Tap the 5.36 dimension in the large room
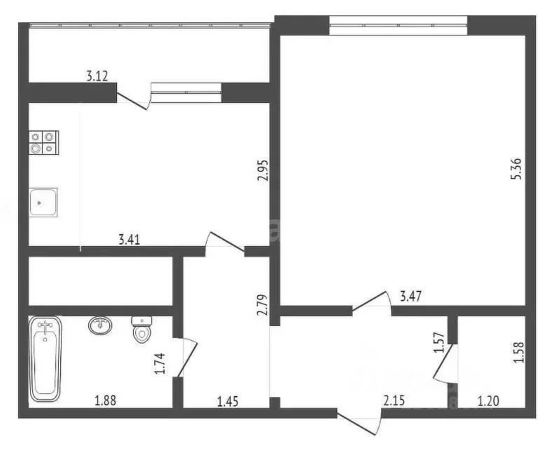(x=516, y=169)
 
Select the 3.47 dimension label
(x=411, y=297)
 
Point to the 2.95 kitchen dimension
(x=263, y=170)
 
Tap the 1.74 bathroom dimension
(x=159, y=364)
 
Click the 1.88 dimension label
(x=105, y=401)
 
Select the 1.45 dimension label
(x=228, y=401)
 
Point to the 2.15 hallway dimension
(x=394, y=401)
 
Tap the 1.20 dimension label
(x=488, y=401)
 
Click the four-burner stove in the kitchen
(x=43, y=142)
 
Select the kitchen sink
(x=42, y=203)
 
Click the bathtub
(x=46, y=359)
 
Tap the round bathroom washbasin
(x=102, y=325)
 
